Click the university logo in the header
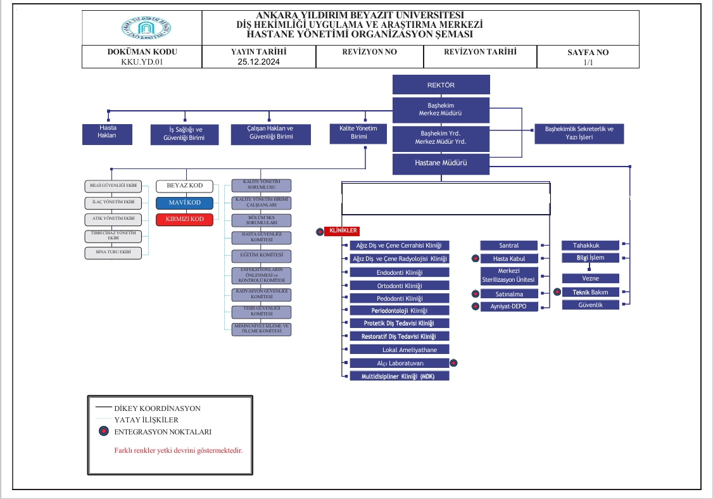point(146,28)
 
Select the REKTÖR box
point(441,85)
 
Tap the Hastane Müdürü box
point(441,163)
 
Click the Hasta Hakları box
point(107,131)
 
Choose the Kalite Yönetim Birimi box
point(358,132)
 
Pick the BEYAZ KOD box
point(184,186)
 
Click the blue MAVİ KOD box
point(184,203)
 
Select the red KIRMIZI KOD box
point(184,219)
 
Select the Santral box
point(508,245)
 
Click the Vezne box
point(590,279)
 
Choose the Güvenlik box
point(590,305)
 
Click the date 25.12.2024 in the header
point(258,62)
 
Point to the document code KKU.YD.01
point(142,62)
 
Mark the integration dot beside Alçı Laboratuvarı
point(453,363)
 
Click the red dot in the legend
point(103,432)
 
